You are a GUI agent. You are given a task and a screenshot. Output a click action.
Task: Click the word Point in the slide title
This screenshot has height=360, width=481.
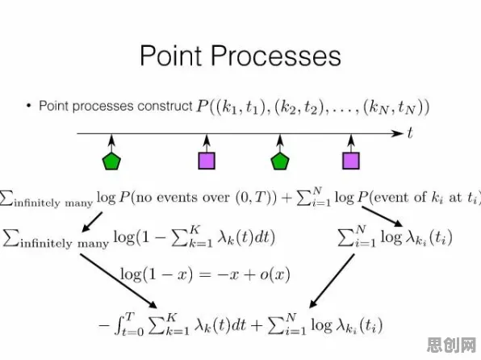171,56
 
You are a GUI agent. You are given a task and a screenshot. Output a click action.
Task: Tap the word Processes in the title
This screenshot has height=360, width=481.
276,56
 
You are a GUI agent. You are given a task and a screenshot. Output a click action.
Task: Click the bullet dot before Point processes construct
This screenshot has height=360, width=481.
29,106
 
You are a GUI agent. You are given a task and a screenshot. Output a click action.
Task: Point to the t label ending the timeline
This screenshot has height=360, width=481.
410,133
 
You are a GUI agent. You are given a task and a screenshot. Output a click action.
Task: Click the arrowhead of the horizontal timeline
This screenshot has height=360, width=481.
397,133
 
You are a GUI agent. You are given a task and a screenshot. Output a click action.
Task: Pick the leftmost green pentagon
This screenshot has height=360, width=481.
111,161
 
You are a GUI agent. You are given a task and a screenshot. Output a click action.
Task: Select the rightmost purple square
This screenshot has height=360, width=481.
351,161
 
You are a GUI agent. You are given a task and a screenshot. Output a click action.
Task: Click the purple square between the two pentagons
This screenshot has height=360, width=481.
207,161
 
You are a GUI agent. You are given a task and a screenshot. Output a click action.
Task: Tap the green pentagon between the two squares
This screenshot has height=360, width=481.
280,161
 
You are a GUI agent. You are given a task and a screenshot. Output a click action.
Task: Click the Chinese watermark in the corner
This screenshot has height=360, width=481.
451,345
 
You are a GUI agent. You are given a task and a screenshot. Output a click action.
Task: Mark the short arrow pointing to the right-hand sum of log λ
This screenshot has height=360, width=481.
382,216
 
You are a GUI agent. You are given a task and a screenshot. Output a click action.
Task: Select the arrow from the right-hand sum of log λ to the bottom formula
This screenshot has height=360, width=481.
332,281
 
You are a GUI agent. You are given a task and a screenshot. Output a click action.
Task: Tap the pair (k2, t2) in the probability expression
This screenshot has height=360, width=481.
299,107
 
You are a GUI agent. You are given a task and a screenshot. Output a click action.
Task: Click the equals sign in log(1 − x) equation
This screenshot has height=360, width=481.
205,274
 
